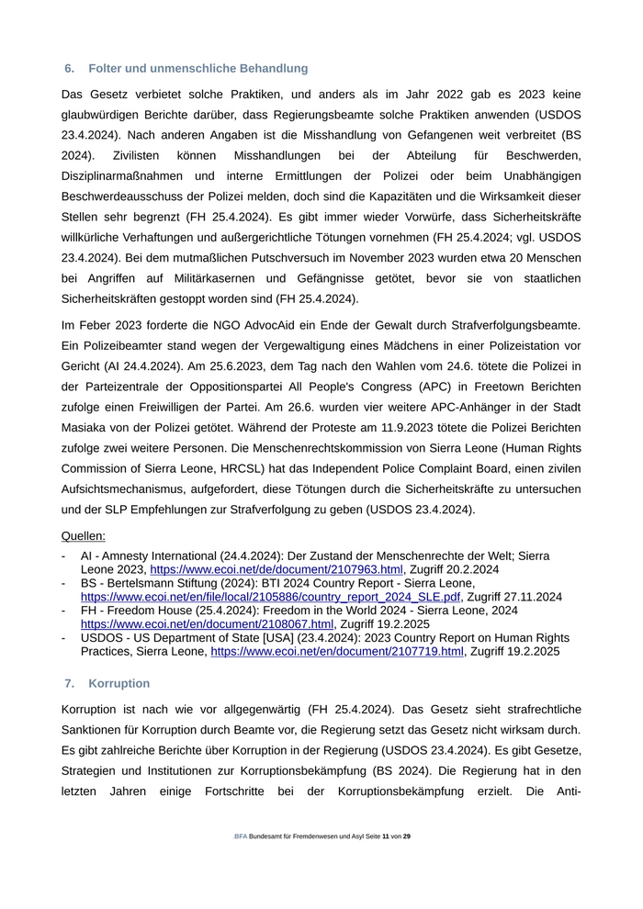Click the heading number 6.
69,69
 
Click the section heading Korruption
119,684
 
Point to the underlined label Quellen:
84,536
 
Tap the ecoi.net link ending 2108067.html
207,623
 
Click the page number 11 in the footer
386,836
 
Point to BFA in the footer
241,836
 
